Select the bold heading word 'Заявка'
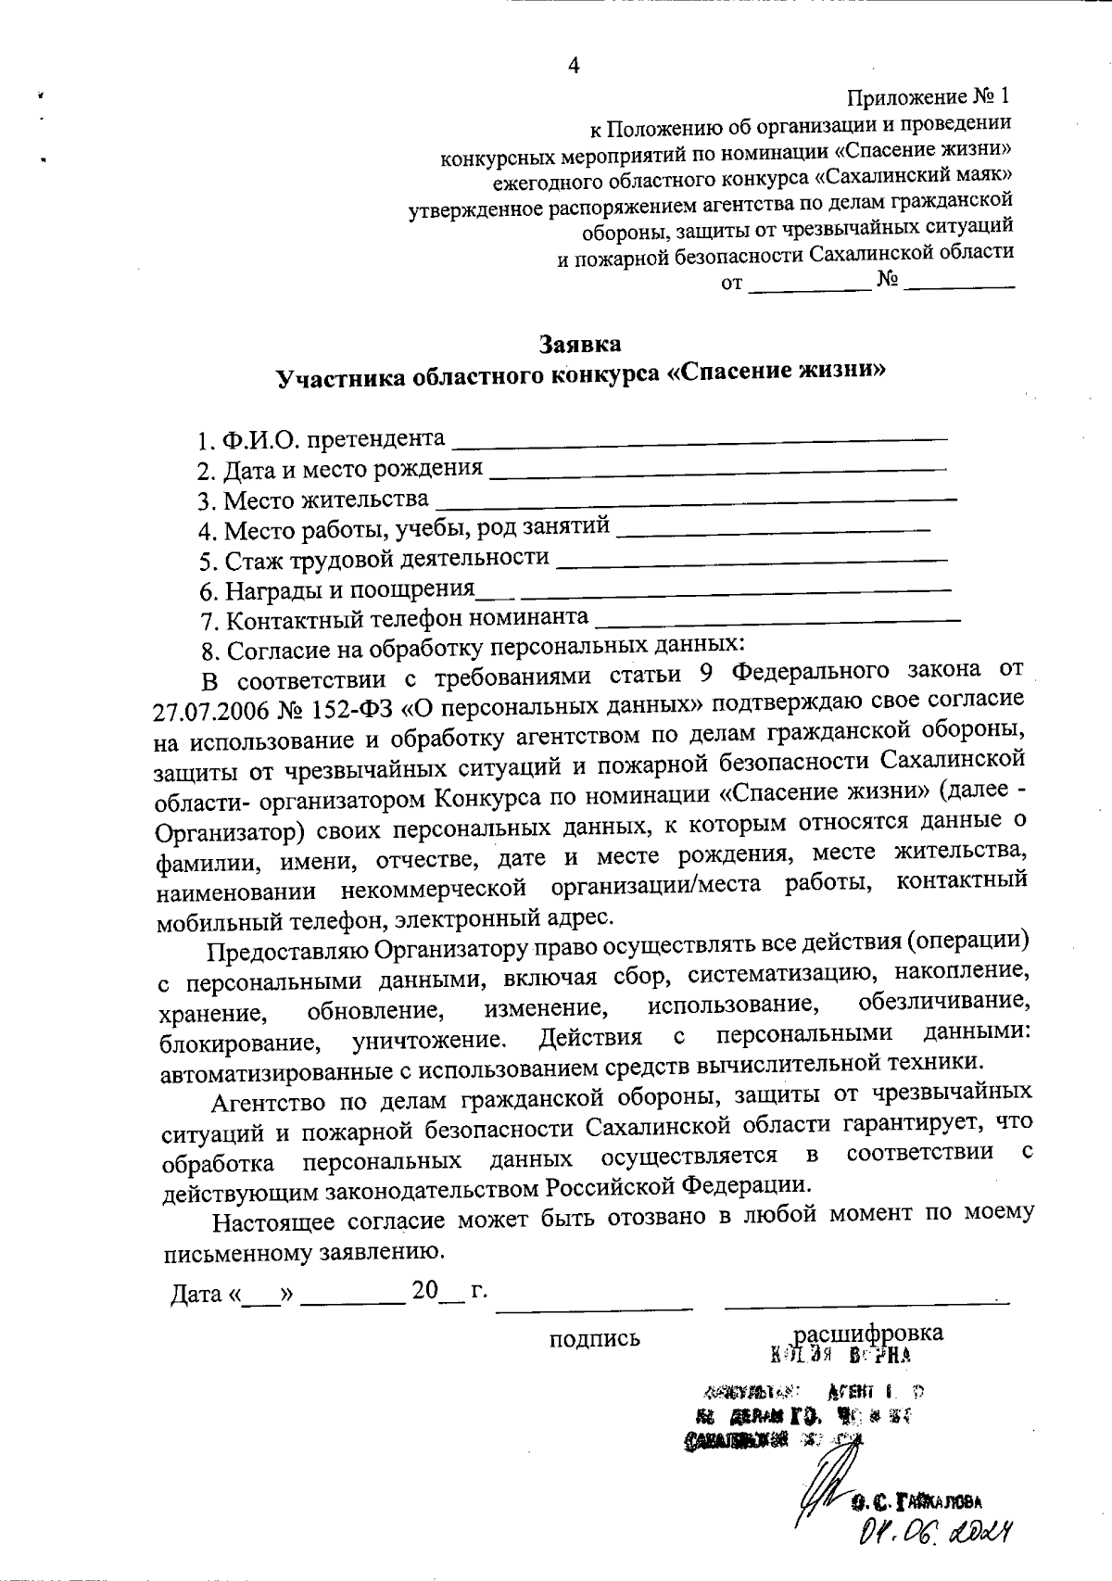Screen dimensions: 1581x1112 [581, 345]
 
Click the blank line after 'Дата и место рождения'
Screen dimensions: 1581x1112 [717, 470]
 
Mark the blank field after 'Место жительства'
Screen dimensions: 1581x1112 [695, 500]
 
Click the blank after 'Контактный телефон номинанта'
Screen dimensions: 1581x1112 [778, 617]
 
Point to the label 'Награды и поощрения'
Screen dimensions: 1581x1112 [348, 589]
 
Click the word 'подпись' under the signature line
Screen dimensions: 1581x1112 [594, 1338]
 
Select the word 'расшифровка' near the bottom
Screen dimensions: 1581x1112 [869, 1332]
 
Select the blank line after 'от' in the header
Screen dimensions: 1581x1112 [809, 288]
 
